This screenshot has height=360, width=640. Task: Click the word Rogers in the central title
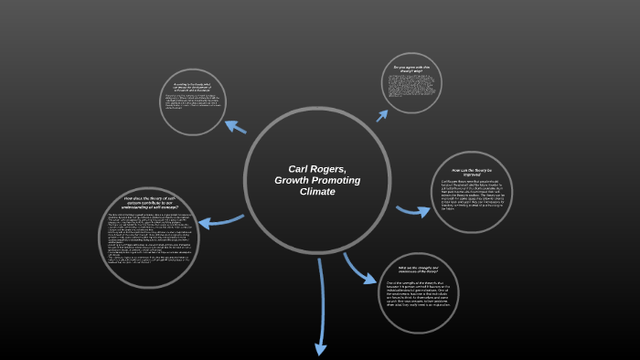point(329,169)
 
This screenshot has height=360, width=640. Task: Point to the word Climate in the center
point(316,192)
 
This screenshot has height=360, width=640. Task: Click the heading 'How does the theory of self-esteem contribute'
point(147,205)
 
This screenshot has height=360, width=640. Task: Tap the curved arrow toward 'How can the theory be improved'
point(414,211)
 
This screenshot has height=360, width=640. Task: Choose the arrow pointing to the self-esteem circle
point(219,221)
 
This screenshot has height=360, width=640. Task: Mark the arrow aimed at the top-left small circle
point(235,125)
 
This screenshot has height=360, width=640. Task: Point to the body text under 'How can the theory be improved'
point(472,194)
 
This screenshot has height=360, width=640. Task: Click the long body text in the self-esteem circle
point(147,241)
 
